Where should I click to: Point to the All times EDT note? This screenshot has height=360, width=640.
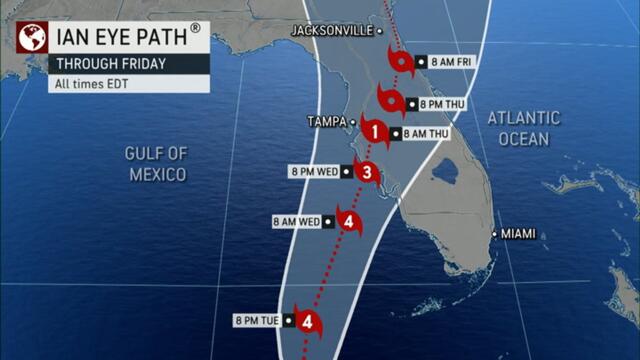pos(93,83)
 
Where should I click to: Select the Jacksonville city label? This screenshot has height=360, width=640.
pos(332,31)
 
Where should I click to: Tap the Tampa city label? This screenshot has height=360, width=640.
pos(325,121)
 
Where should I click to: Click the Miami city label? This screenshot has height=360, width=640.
pos(518,234)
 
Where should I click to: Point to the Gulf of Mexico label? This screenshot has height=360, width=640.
pos(157,163)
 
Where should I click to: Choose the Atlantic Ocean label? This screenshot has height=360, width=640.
pos(524,128)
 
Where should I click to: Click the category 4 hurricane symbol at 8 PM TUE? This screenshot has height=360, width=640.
pos(309,322)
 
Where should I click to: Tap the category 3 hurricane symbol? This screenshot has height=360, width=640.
pos(367,173)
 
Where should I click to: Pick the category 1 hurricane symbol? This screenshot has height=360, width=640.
pos(373,130)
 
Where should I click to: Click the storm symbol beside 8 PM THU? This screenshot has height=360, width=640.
pos(389,101)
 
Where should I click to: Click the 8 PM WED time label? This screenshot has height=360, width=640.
pos(313,171)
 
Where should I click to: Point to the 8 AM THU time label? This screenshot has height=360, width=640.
pos(424,133)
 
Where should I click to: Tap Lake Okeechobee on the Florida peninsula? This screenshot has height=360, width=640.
pos(444,171)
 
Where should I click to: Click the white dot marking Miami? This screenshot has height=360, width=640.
pos(494,234)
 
